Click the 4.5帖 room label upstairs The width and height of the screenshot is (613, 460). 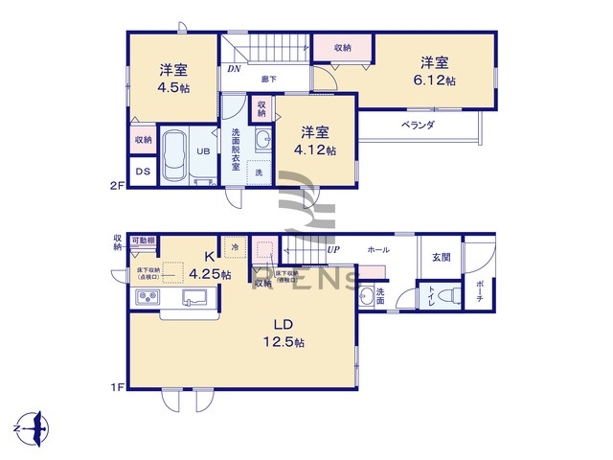click(172, 77)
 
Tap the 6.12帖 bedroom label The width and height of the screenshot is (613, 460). click(435, 71)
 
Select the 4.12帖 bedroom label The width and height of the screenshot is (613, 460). click(316, 141)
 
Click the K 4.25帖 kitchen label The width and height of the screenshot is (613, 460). click(210, 265)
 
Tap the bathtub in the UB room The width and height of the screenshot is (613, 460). click(174, 155)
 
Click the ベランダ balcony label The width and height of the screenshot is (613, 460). click(418, 125)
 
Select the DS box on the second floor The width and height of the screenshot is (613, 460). click(143, 172)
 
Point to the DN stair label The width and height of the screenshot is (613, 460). click(234, 69)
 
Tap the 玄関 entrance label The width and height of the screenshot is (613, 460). click(442, 256)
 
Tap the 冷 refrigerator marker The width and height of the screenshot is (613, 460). click(234, 247)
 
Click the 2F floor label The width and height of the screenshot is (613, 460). click(115, 188)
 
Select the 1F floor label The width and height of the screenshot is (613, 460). click(115, 386)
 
